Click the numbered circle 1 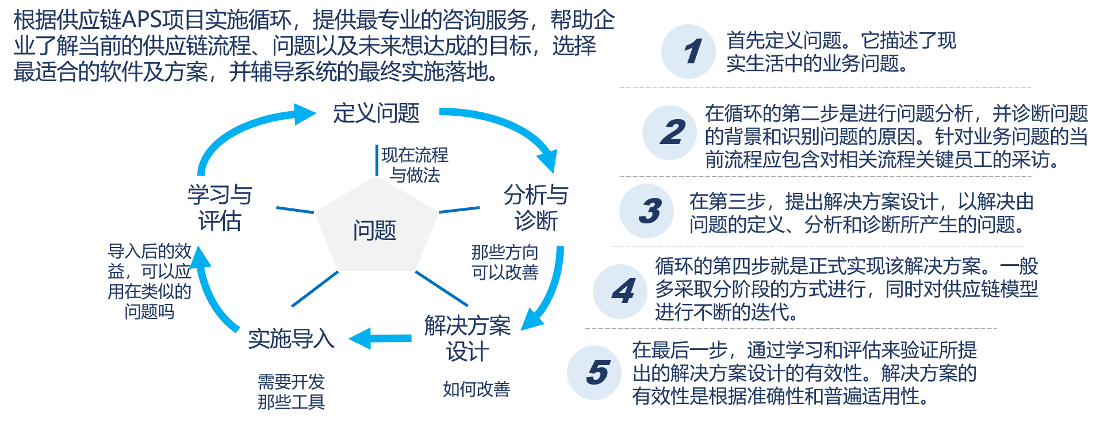[688, 51]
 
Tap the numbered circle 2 [669, 133]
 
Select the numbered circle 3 [646, 211]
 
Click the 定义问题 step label [376, 113]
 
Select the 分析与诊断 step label [536, 207]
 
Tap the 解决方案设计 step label [467, 339]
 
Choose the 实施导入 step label [291, 339]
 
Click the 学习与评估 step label [220, 207]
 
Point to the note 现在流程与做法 [415, 165]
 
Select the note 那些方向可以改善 [505, 262]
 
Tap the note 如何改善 [476, 389]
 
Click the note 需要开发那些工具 [291, 391]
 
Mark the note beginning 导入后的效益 [150, 281]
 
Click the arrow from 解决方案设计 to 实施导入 [380, 338]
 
